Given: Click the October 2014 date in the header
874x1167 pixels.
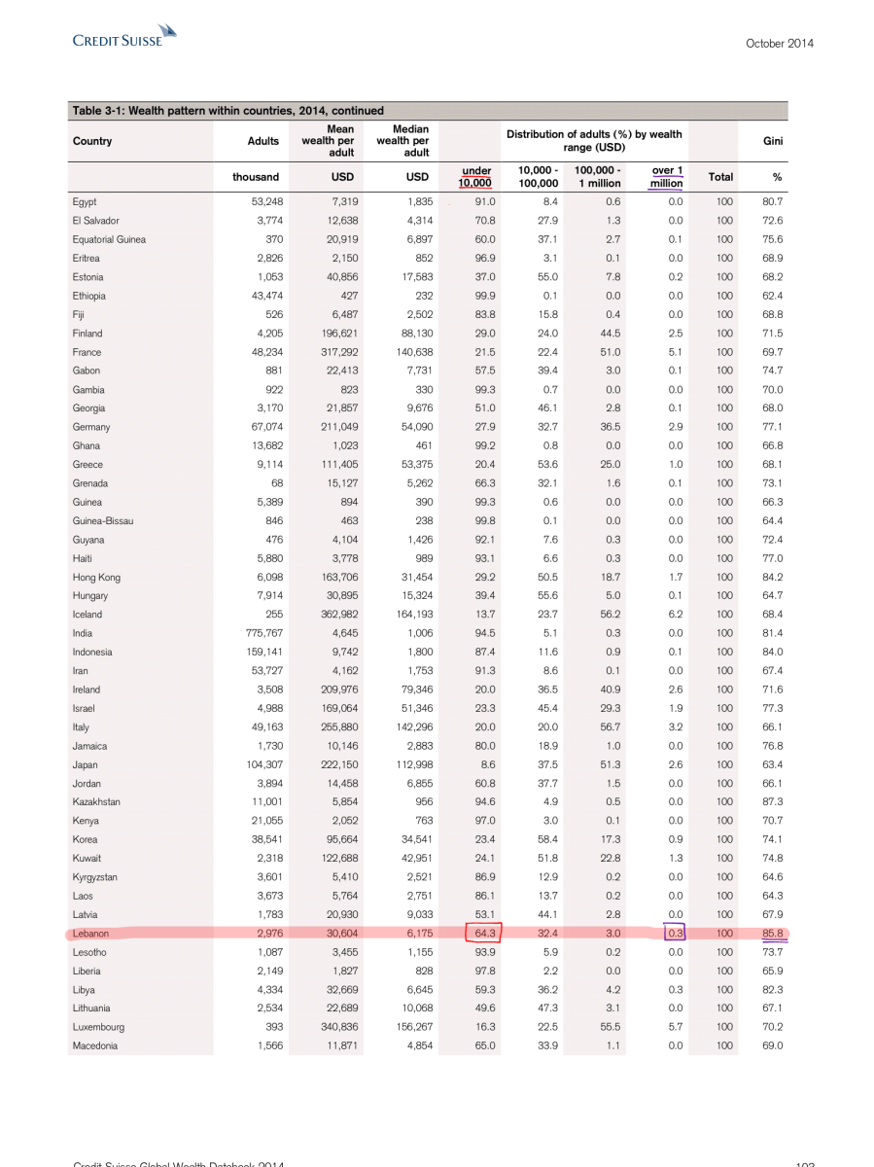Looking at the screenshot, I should [780, 43].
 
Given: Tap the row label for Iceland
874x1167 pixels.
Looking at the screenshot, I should [87, 615].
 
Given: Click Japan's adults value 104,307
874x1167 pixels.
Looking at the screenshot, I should [257, 764].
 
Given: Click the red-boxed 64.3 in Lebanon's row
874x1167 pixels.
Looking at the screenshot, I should [480, 934].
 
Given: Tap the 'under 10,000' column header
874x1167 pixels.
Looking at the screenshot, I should [475, 176].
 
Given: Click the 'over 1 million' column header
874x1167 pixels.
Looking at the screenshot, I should [666, 176].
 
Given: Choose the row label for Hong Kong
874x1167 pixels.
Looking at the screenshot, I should [93, 577].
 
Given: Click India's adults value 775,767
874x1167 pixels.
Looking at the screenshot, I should [257, 633].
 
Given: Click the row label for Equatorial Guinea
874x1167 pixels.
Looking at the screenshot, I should [109, 239].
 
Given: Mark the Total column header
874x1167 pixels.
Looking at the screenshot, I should [720, 177].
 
